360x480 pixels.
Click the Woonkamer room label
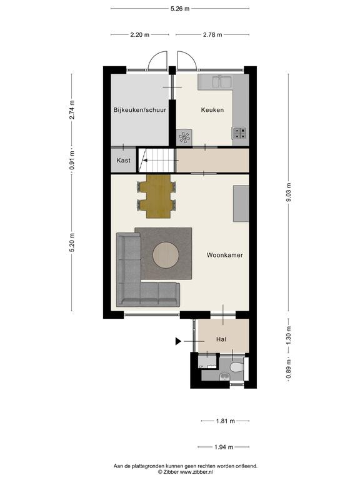click(x=225, y=255)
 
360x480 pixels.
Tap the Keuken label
click(x=212, y=109)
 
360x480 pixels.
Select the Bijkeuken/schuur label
click(x=139, y=109)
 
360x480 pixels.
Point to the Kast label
click(x=123, y=160)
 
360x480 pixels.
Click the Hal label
click(x=221, y=339)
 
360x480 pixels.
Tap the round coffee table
click(x=166, y=255)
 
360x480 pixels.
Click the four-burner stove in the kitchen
click(x=240, y=133)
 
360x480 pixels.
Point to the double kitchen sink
click(x=221, y=82)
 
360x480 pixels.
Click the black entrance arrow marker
click(x=178, y=341)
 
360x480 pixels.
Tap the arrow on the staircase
click(x=145, y=161)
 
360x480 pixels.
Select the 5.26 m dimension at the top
click(x=180, y=9)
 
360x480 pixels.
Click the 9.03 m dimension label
click(x=288, y=192)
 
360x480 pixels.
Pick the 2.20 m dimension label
click(x=140, y=34)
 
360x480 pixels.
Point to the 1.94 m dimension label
click(x=224, y=447)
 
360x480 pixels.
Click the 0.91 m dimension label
click(x=72, y=160)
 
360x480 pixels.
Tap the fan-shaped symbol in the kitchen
click(x=184, y=137)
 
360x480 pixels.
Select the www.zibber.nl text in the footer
click(x=196, y=472)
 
